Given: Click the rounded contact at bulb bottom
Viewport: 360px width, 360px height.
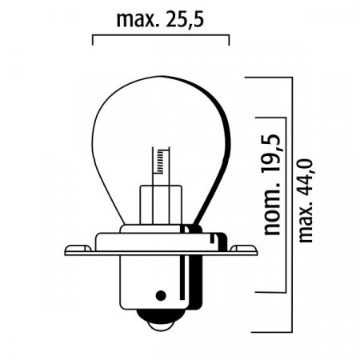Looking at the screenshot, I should (x=161, y=322).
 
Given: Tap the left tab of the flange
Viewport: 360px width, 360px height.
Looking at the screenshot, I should (x=76, y=249).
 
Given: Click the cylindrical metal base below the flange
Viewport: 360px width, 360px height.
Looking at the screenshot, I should (x=161, y=284).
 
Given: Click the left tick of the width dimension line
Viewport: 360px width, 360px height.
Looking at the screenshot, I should (x=94, y=40).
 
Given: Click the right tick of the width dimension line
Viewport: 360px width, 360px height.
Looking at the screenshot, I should (x=229, y=40).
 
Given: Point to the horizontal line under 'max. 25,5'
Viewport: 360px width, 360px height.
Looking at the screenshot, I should (x=160, y=35).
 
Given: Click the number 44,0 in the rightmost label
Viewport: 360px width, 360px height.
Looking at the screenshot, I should (x=306, y=176).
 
